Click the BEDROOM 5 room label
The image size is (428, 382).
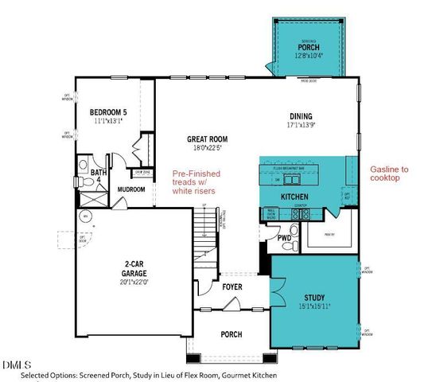tap(109, 112)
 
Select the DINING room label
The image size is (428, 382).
tap(301, 115)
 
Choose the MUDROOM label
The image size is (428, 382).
tap(130, 189)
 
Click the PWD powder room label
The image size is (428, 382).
tap(283, 238)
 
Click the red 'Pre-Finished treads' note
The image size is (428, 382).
tap(196, 182)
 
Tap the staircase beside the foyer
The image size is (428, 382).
tap(208, 239)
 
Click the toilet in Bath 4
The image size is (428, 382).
tap(85, 182)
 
